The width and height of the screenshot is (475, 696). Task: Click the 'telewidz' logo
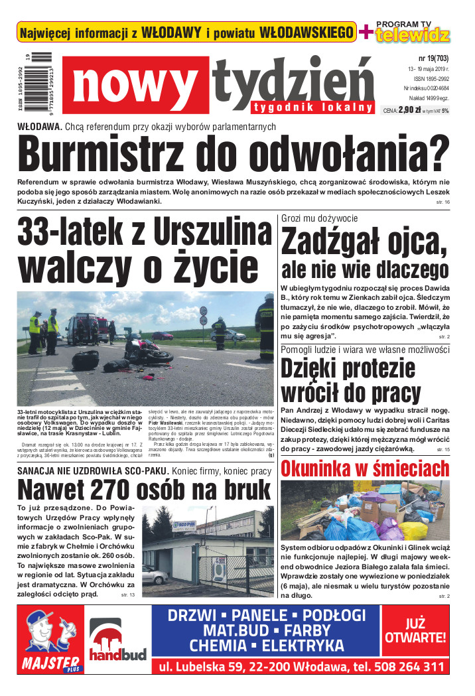[412, 35]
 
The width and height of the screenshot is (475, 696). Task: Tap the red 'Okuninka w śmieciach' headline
[366, 468]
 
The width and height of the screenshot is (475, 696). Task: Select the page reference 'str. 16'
[442, 201]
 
